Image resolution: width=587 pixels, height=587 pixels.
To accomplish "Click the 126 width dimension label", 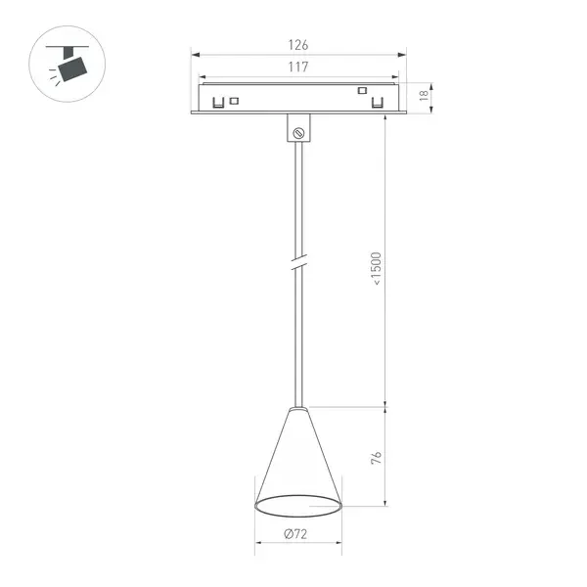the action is tap(298, 45).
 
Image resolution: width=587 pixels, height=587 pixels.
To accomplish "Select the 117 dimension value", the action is tap(298, 67).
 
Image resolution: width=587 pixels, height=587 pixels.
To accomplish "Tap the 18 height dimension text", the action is tap(424, 96).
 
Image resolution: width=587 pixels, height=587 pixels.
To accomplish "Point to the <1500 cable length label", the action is tap(376, 268).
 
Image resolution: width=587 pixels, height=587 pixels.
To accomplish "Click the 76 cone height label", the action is tap(377, 458).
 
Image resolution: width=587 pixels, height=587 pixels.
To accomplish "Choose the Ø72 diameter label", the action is tap(295, 534).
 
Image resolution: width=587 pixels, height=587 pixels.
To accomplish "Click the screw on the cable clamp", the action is tap(298, 133).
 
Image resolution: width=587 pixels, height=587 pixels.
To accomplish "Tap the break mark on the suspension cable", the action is tap(298, 261).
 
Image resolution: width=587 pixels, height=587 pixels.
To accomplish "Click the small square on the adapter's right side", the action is tap(362, 91).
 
